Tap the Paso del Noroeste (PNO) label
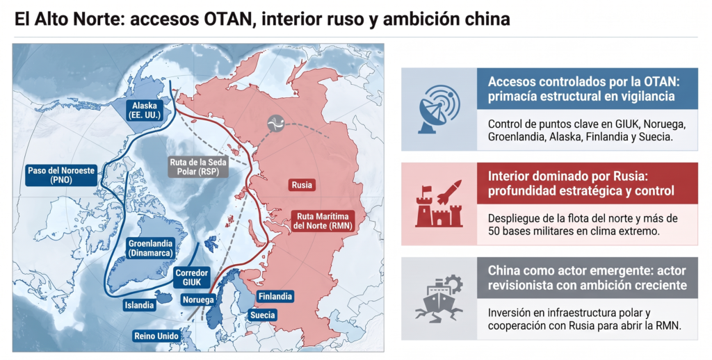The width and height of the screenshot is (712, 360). [x=61, y=175]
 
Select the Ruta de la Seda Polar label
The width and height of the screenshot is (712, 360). [x=198, y=167]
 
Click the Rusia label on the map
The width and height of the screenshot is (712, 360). [x=302, y=185]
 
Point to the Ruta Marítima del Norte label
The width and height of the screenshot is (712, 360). [x=323, y=220]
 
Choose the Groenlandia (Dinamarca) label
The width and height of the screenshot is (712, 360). [x=150, y=248]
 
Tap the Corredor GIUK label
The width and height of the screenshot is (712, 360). [x=192, y=277]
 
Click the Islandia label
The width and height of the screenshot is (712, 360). [x=139, y=305]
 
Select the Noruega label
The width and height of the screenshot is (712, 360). [x=198, y=300]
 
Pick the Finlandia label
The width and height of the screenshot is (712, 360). [x=275, y=297]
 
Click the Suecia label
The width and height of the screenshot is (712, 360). [x=262, y=315]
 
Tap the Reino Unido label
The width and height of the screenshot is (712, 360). [x=156, y=336]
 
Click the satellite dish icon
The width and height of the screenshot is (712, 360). [x=439, y=109]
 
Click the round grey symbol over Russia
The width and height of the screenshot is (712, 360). [x=275, y=123]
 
